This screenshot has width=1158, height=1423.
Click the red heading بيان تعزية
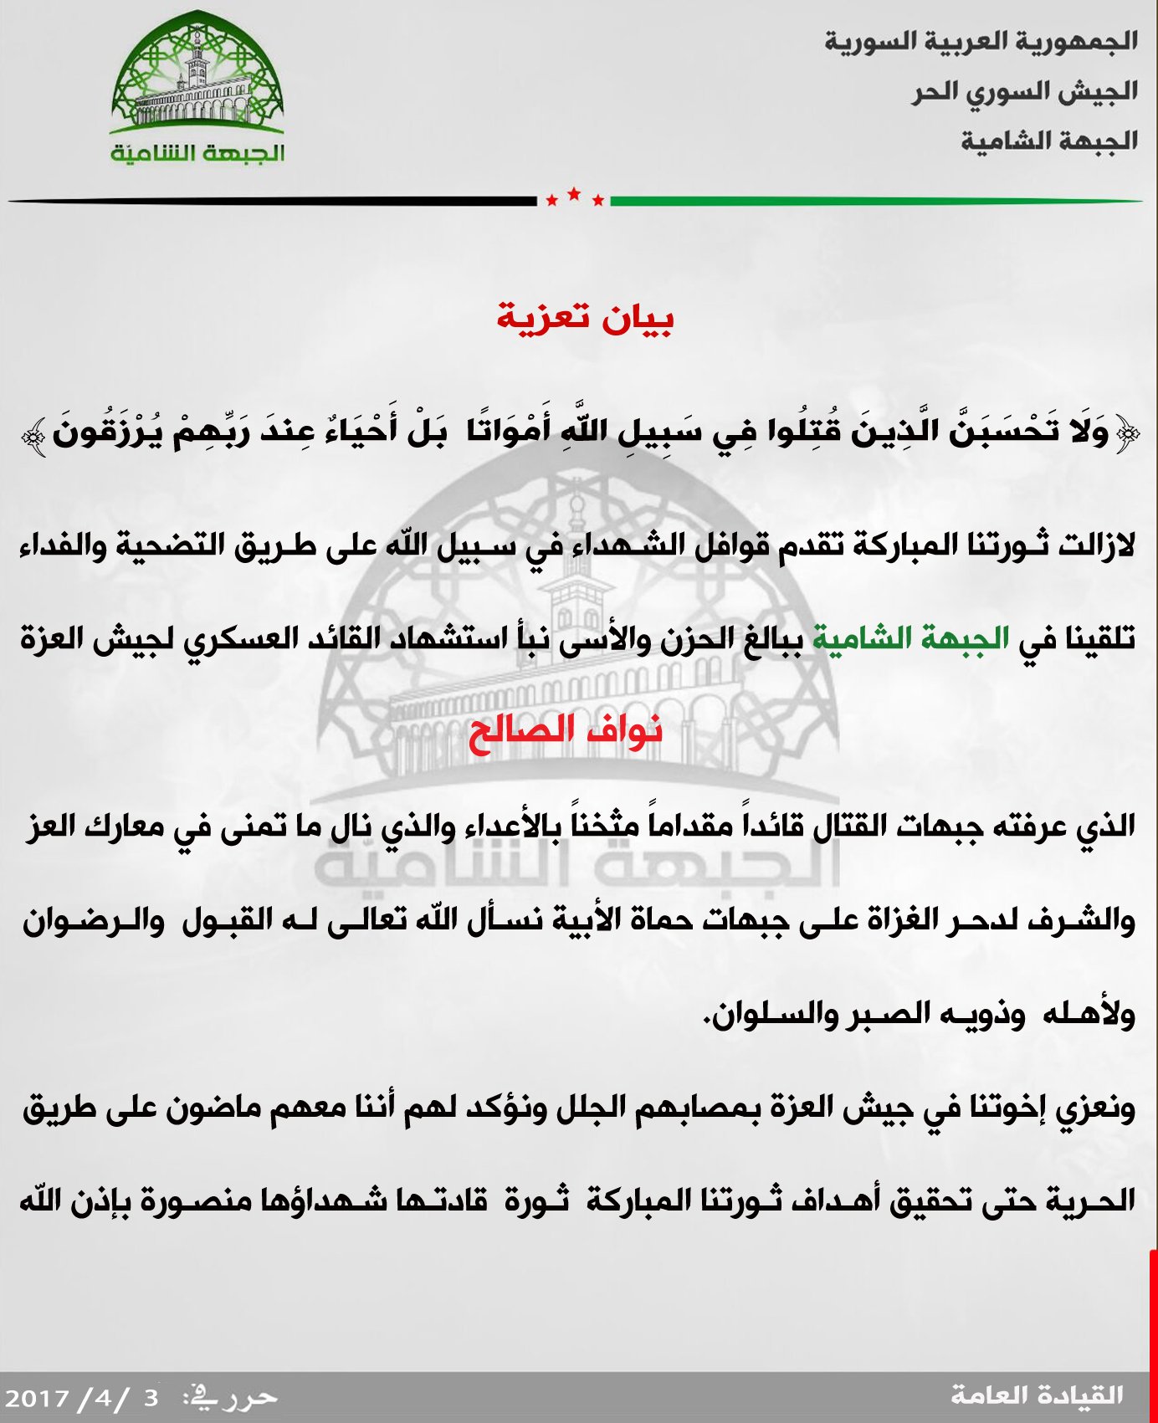[585, 318]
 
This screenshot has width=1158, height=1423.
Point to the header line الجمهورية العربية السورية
[981, 40]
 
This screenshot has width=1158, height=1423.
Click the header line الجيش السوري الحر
[1025, 90]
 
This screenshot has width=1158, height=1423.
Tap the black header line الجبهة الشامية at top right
[1049, 141]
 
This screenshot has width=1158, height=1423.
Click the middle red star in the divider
[574, 194]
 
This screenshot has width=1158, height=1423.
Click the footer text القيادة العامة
[1037, 1395]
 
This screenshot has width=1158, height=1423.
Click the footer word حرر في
[231, 1395]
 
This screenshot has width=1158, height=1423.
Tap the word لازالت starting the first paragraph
[1096, 545]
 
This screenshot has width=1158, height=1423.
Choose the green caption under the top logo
[197, 153]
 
